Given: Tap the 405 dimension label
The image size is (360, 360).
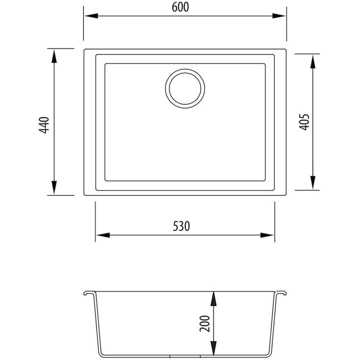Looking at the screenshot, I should (x=304, y=121).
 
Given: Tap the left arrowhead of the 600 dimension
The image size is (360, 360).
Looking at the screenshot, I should (x=89, y=16).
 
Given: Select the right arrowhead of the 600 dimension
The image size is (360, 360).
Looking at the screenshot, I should (x=280, y=16).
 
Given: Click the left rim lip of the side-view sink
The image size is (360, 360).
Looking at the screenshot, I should (x=87, y=294).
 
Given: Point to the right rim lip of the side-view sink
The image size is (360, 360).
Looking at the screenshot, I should (x=283, y=294).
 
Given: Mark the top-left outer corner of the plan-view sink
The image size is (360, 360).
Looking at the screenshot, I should (x=84, y=50).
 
